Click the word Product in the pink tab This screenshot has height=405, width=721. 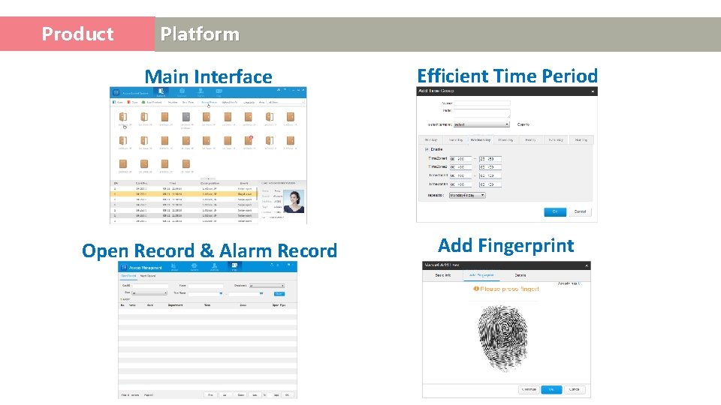(77, 34)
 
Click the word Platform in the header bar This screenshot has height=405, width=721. (200, 34)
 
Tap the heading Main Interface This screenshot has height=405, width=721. (208, 76)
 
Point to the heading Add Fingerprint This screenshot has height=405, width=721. (505, 245)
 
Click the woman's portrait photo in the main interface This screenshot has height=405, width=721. (294, 202)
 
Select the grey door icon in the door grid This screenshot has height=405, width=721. (186, 118)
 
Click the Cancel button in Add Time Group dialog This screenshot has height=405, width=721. (580, 212)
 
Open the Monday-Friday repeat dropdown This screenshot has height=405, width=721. (467, 195)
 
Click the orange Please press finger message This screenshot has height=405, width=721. (506, 289)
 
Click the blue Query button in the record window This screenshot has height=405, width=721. (279, 293)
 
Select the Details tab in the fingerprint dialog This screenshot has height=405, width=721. (520, 276)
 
